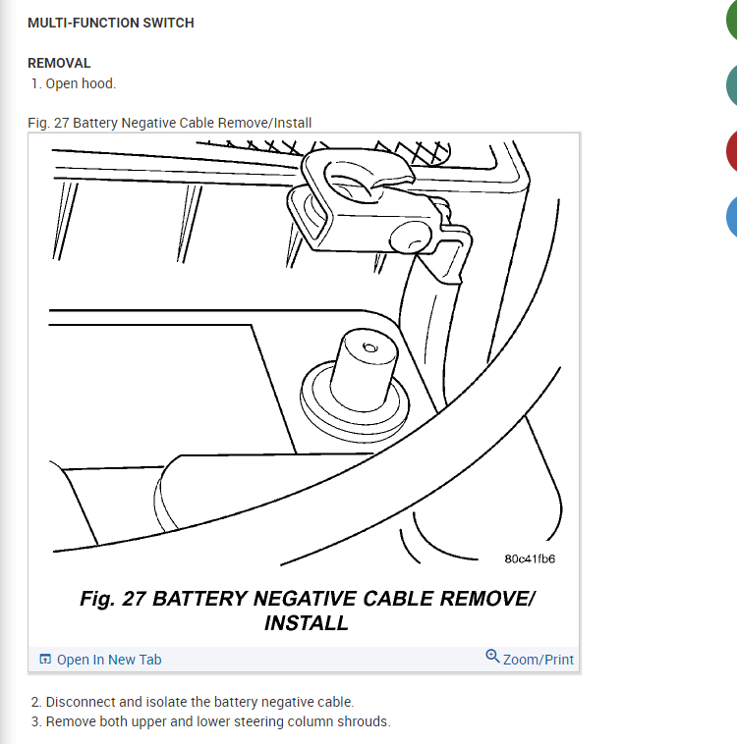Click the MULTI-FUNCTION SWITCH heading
point(111,23)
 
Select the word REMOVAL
point(59,63)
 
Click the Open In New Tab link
point(108,660)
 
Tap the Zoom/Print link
point(538,660)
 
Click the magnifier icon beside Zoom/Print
point(492,656)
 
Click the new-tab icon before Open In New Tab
point(45,660)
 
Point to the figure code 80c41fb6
point(530,558)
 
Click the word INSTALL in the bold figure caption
point(306,622)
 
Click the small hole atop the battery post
point(370,347)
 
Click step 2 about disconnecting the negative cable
point(193,702)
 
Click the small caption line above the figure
point(170,123)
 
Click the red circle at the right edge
point(731,152)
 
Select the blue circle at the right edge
point(731,217)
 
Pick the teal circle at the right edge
point(731,86)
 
